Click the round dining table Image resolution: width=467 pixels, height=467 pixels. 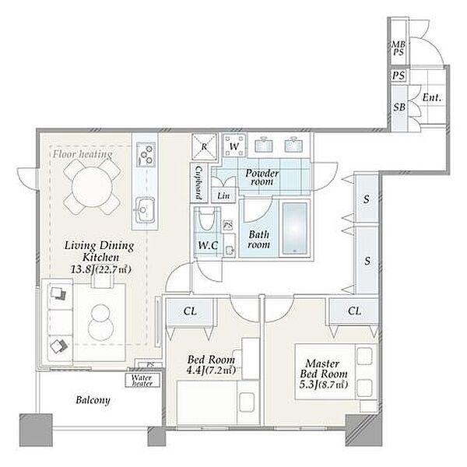tap(93, 187)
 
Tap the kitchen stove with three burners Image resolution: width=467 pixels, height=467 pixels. tap(146, 154)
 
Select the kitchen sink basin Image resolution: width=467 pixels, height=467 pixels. tap(145, 210)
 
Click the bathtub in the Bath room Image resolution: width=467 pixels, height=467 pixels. tap(294, 228)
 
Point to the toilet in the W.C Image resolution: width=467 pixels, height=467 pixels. tap(207, 220)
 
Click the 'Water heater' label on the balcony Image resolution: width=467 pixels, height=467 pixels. tap(142, 381)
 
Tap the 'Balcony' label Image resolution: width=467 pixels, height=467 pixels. tap(93, 400)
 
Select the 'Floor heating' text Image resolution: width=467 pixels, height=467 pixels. tap(83, 154)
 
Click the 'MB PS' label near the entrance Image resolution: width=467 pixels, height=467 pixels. tap(399, 48)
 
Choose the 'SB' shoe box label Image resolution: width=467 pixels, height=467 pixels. tap(399, 107)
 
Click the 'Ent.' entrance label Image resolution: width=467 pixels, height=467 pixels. tap(431, 97)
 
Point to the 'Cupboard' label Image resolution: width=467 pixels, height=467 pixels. tap(198, 182)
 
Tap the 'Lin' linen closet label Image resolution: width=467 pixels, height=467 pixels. tap(223, 195)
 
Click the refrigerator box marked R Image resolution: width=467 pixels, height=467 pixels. tap(204, 146)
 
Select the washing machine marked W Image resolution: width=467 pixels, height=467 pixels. tap(234, 146)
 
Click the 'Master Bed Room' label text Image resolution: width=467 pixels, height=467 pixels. tap(324, 368)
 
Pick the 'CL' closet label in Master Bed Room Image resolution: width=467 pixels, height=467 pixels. tap(354, 311)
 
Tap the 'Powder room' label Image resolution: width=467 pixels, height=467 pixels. tap(262, 177)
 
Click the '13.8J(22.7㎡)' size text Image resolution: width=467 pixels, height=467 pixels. tap(101, 269)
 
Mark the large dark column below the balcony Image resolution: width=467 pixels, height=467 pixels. tap(36, 430)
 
